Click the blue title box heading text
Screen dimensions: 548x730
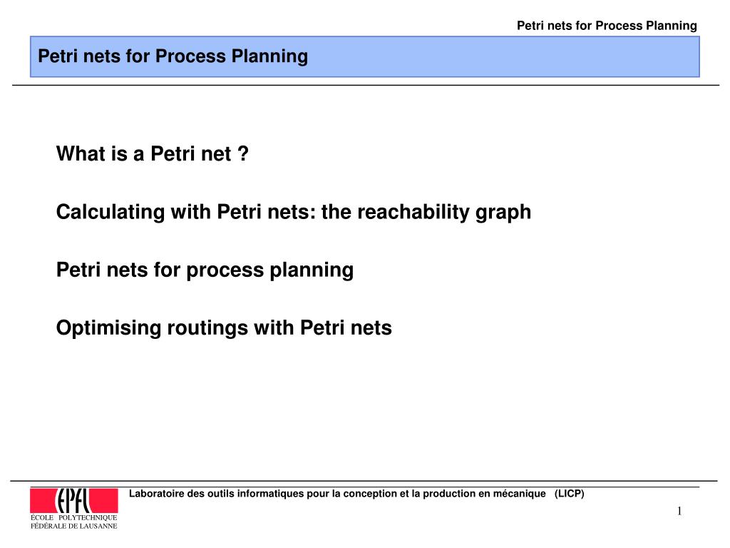coord(173,56)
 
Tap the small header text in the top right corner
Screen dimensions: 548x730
coord(607,26)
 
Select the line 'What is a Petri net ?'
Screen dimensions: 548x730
coord(153,154)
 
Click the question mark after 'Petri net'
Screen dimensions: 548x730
coord(244,154)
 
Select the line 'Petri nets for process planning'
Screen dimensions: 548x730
coord(205,270)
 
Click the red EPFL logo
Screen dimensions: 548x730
coord(73,499)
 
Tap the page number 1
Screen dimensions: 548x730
coord(679,511)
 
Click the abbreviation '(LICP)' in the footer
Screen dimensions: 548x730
coord(569,494)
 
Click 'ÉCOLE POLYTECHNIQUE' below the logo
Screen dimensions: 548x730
coord(73,517)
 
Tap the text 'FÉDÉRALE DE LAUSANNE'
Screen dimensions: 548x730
coord(73,526)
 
